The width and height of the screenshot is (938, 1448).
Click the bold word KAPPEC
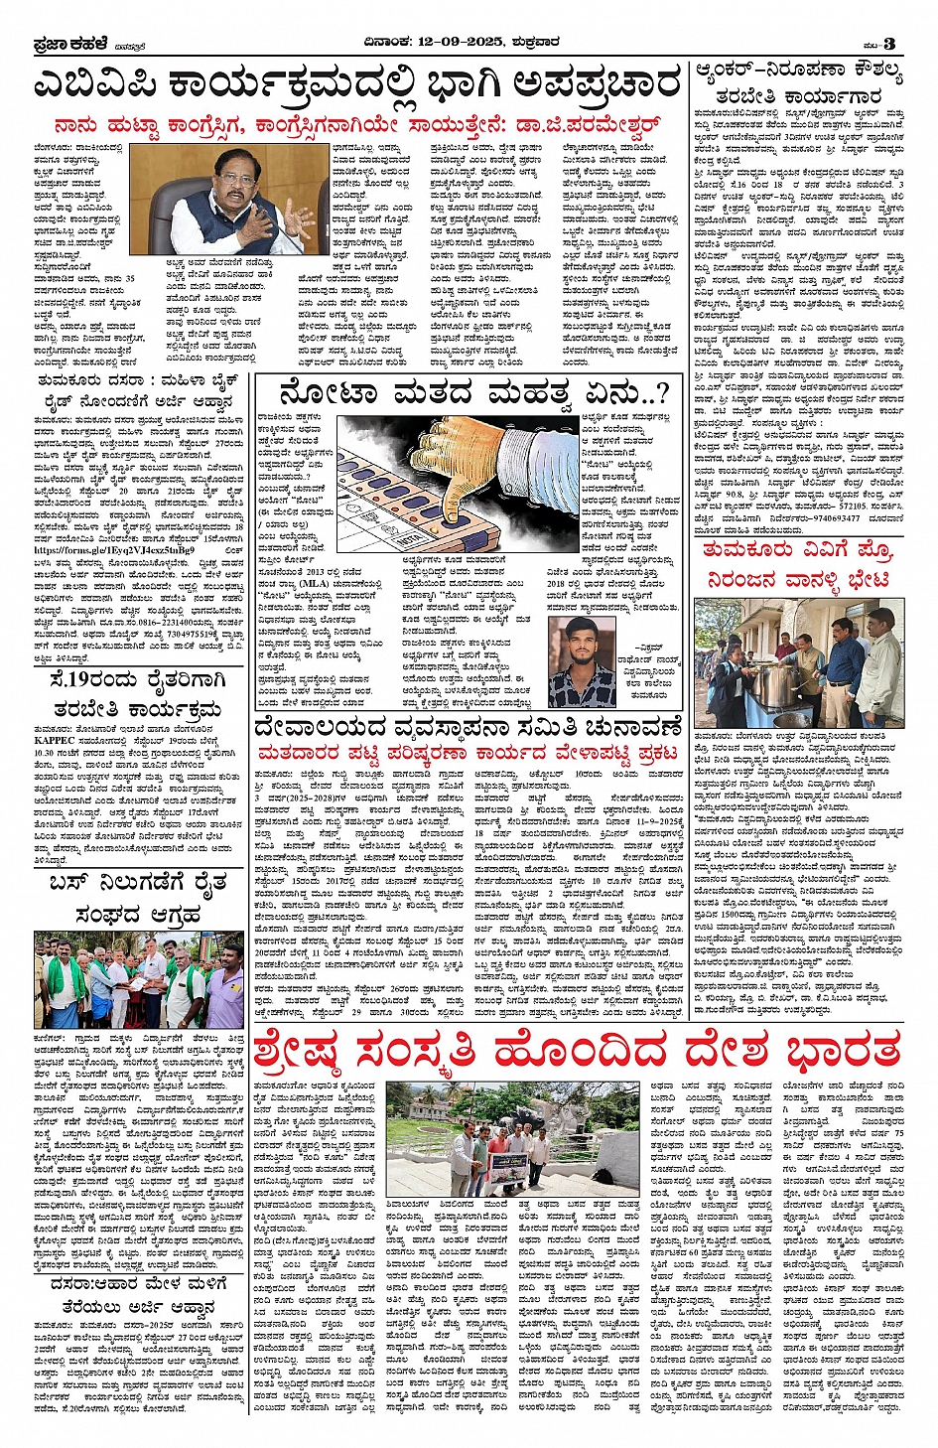[x=55, y=740]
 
